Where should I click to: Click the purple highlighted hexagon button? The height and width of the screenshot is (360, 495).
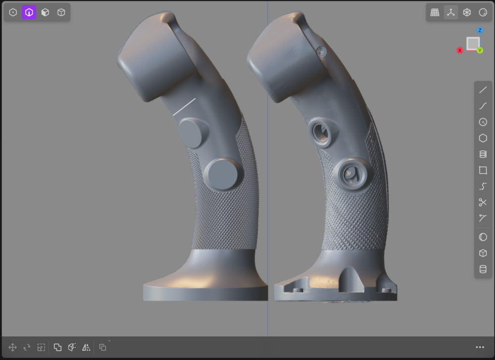(29, 12)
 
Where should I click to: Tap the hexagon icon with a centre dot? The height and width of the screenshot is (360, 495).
(13, 12)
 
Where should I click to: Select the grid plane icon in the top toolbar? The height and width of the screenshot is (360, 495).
(435, 12)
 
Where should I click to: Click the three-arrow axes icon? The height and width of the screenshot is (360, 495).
(451, 12)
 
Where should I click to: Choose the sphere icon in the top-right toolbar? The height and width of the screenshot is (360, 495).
(483, 12)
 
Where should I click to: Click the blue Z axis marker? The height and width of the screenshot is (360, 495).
(480, 30)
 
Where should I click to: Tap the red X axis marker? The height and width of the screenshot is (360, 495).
(460, 50)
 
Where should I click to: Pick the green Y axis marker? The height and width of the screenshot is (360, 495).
(480, 51)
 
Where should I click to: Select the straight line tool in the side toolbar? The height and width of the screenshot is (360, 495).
(483, 90)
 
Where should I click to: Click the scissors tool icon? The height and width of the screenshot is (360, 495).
(483, 202)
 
